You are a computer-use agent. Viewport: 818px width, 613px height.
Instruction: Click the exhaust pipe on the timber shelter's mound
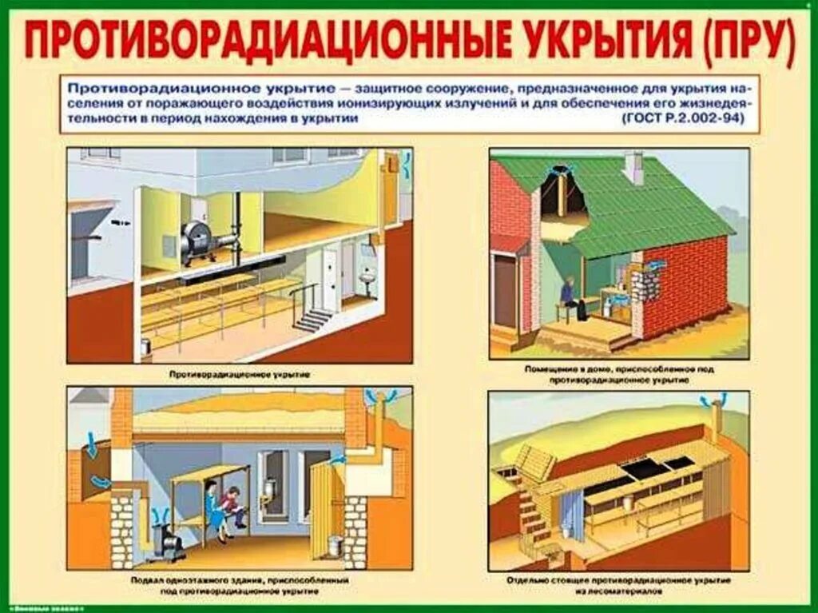tap(716, 418)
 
